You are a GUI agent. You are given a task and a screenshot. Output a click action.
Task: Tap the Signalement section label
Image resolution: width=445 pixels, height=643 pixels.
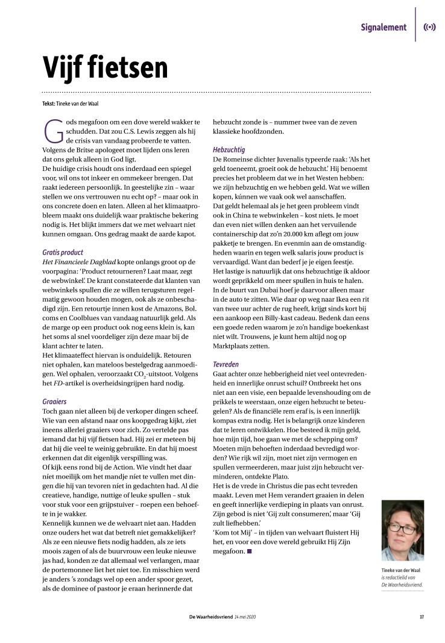(x=383, y=27)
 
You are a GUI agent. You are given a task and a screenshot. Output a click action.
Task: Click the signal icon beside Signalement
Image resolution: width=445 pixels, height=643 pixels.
(x=429, y=27)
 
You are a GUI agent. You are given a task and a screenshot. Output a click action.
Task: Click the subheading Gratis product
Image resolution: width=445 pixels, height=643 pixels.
(x=63, y=252)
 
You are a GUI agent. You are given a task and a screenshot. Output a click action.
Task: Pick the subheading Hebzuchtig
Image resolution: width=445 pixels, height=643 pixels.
(x=229, y=149)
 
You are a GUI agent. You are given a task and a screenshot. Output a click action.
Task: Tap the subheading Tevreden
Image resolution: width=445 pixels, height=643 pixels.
(x=227, y=364)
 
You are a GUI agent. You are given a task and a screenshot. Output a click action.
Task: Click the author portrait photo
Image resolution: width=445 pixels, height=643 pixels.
(x=402, y=530)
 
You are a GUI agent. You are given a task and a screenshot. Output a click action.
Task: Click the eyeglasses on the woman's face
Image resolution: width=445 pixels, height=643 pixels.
(x=402, y=528)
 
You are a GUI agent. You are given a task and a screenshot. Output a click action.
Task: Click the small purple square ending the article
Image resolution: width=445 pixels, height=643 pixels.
(x=249, y=551)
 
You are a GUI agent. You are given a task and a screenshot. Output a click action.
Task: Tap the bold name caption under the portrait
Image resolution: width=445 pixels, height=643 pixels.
(x=400, y=570)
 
